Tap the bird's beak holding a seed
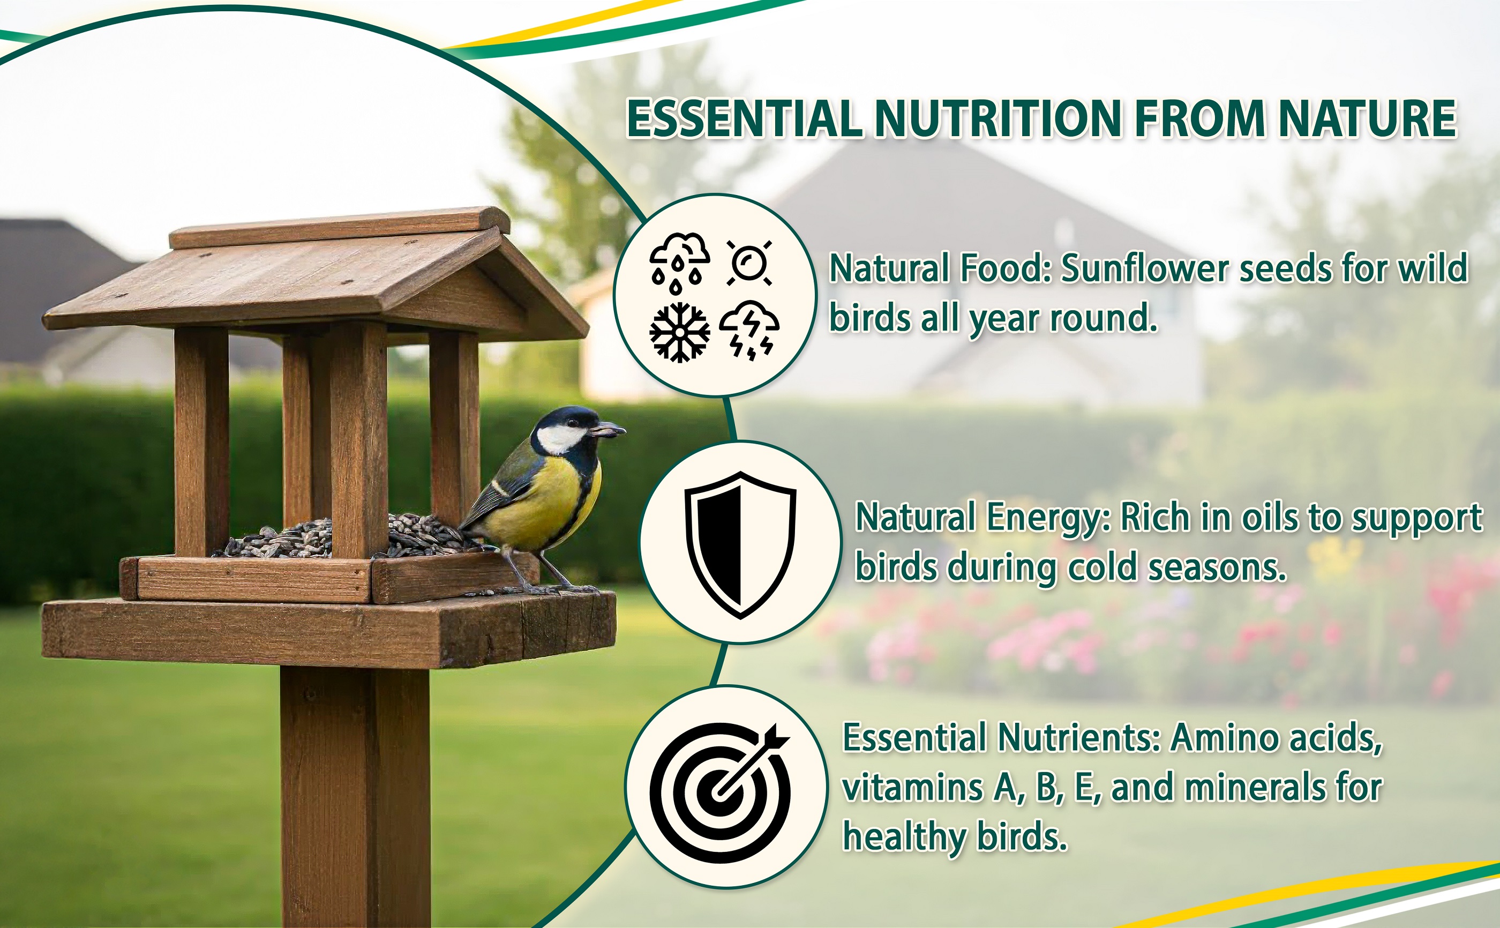coord(607,430)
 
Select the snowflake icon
coord(680,332)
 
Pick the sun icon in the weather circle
coord(749,263)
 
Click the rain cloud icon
coord(680,263)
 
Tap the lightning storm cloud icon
coord(749,330)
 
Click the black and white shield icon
coord(740,544)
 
